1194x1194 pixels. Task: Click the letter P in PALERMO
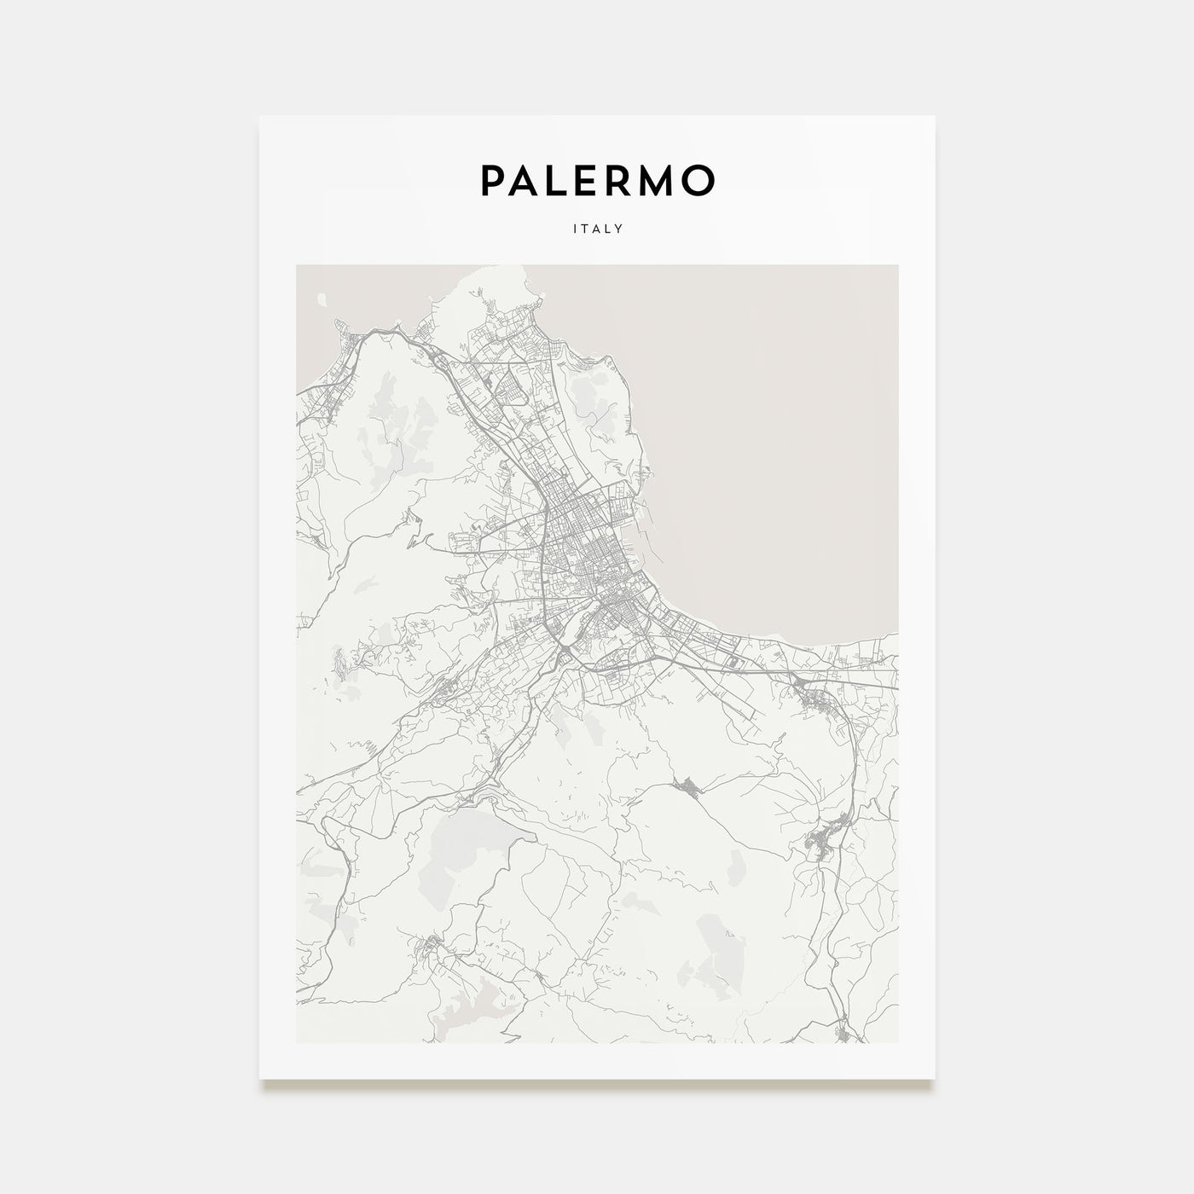point(496,180)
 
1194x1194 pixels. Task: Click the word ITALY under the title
point(596,229)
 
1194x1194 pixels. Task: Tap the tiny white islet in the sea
point(322,299)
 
